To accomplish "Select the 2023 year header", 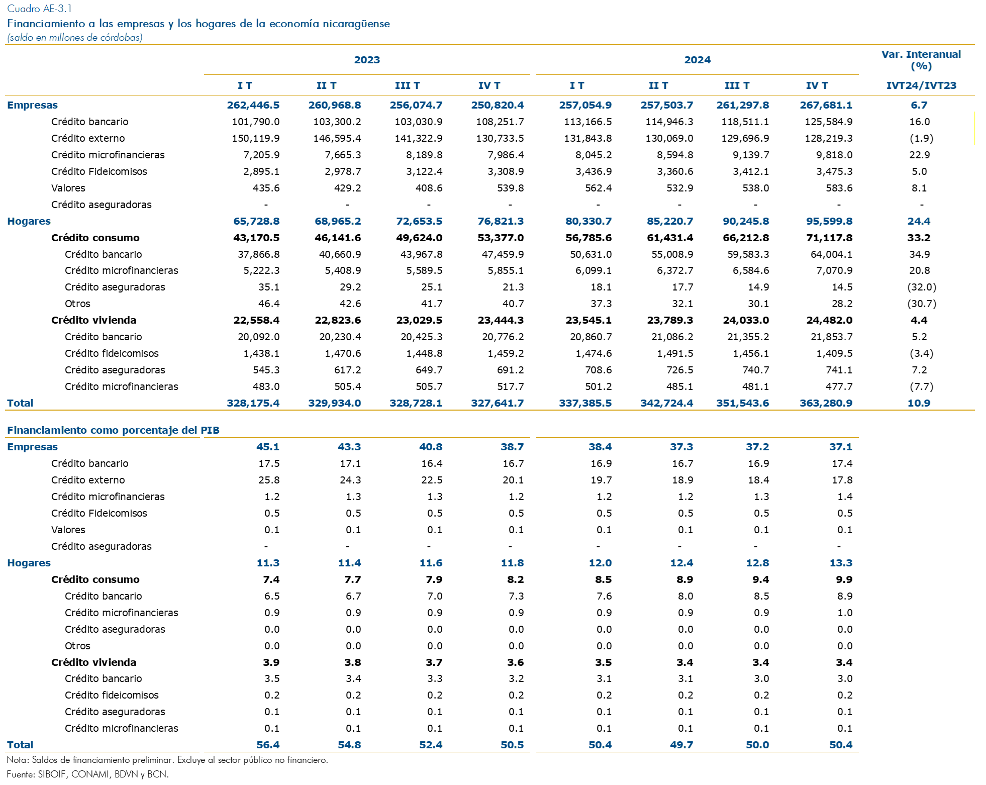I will click(367, 60).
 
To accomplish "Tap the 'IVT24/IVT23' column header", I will click(921, 85).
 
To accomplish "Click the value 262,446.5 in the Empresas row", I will click(253, 105).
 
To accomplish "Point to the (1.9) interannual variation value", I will click(921, 138).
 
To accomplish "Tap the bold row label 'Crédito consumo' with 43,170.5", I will click(95, 238).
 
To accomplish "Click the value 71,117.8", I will click(829, 238).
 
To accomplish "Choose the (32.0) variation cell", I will click(921, 287).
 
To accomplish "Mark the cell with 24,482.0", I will click(829, 320).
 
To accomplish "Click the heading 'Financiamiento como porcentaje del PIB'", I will click(113, 430).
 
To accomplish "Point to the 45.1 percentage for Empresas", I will click(268, 447).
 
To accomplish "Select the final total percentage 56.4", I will click(268, 745).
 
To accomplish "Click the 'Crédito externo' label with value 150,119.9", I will click(88, 138).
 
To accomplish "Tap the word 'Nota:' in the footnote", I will click(18, 760).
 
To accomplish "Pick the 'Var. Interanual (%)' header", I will click(921, 60).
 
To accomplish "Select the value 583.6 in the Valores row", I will click(839, 188).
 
